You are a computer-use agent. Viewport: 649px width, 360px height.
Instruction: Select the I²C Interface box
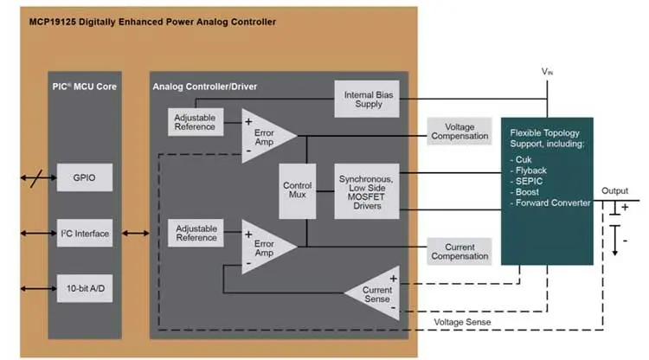click(84, 233)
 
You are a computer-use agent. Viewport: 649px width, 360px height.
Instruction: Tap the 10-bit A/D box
click(84, 287)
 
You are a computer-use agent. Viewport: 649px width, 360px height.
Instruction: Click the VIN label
click(547, 72)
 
